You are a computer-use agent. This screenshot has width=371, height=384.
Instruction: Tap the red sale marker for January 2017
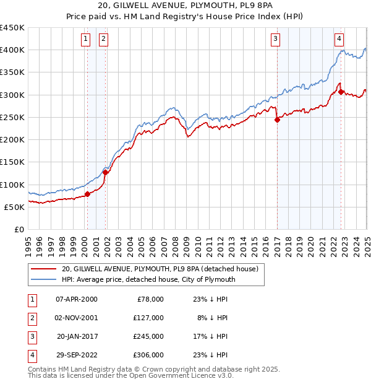(277, 120)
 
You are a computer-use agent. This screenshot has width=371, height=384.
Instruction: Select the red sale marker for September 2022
(341, 92)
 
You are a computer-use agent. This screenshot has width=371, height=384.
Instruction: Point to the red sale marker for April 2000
(87, 194)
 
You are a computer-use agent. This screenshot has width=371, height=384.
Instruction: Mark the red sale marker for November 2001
(105, 172)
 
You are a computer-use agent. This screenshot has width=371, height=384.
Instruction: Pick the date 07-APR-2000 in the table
(77, 299)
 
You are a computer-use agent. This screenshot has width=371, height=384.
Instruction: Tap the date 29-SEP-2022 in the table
(77, 355)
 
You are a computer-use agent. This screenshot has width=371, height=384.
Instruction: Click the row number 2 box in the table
(32, 318)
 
